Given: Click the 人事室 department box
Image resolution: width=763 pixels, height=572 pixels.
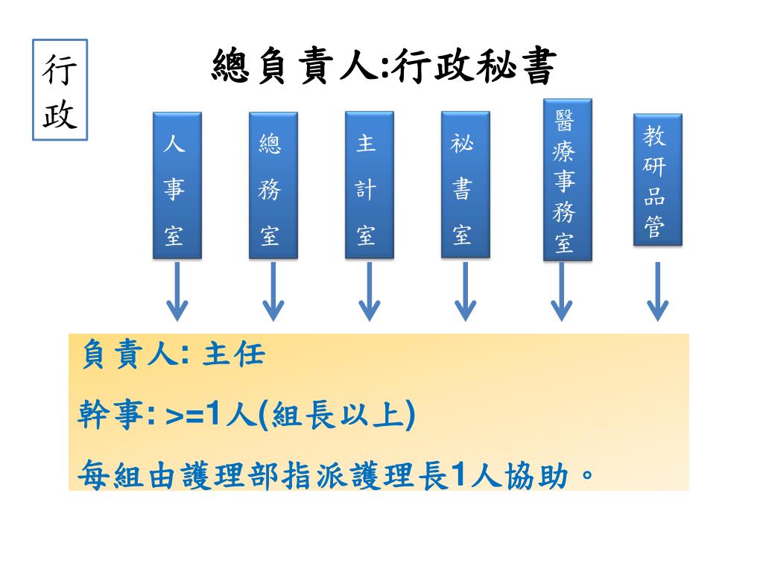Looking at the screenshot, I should click(x=177, y=185).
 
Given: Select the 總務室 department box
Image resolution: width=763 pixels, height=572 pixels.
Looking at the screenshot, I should click(x=273, y=185).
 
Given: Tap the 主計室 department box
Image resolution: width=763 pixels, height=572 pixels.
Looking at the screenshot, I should click(x=369, y=185).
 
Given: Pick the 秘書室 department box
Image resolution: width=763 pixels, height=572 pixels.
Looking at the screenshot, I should click(x=465, y=185).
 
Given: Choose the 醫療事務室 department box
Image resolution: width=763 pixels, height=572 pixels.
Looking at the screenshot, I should click(x=567, y=180).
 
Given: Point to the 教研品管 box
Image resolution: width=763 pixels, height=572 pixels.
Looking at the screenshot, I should click(x=657, y=179).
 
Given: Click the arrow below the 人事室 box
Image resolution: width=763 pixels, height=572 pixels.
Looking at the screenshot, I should click(x=177, y=291).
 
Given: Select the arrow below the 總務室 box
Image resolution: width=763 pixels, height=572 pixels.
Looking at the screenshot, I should click(x=273, y=291).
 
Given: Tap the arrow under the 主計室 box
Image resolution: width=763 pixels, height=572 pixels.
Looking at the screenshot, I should click(x=369, y=291).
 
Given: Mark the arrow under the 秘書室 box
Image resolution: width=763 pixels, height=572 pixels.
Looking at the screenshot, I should click(x=465, y=291).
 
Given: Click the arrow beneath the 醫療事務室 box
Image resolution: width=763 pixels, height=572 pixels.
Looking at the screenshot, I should click(x=561, y=291).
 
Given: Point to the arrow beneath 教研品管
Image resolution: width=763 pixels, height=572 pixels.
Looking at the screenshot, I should click(x=657, y=291).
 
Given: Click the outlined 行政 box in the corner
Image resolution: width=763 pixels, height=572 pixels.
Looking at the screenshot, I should click(x=60, y=90).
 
